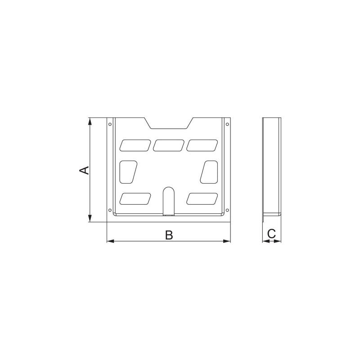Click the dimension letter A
point(84,170)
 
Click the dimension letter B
point(169,235)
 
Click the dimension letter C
point(272,234)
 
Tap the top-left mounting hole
point(110,124)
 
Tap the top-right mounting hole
point(227,124)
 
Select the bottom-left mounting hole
point(110,210)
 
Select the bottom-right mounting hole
point(227,210)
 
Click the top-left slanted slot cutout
point(135,145)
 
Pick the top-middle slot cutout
point(169,145)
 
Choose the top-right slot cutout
point(202,145)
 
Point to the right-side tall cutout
point(209,171)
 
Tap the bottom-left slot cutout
point(135,198)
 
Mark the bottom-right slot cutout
point(202,198)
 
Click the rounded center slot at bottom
point(168,200)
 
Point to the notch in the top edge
point(169,124)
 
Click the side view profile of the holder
point(272,166)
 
